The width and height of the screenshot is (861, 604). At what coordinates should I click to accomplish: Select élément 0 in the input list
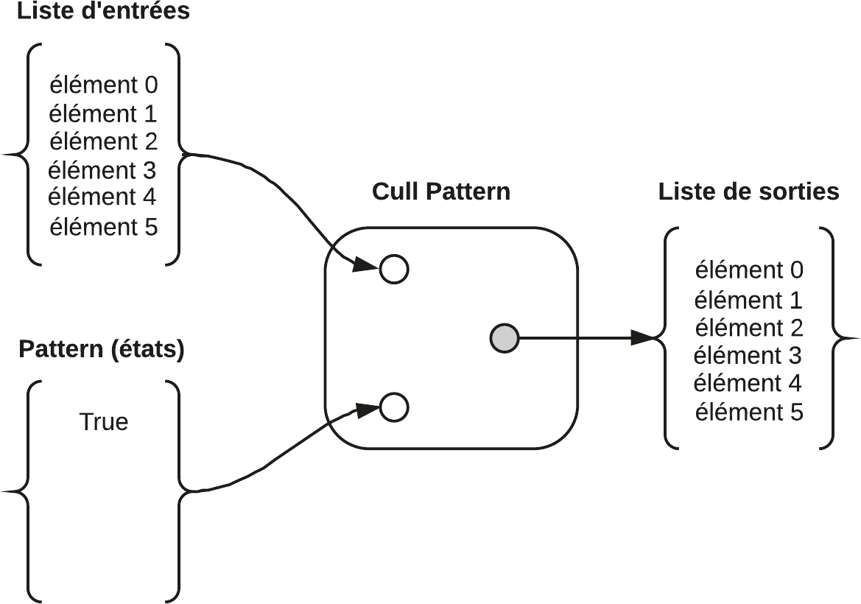click(103, 85)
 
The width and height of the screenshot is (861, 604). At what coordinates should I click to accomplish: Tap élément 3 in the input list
click(102, 171)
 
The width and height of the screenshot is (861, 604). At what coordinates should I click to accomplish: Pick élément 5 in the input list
click(103, 227)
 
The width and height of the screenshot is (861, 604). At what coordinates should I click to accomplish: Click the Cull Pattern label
click(441, 192)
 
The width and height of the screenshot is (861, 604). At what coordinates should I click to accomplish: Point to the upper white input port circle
click(394, 269)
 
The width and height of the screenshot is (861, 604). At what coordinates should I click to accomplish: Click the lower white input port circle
click(394, 407)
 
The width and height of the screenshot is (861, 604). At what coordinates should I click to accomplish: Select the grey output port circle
click(505, 338)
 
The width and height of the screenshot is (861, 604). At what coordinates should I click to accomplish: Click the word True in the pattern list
click(103, 422)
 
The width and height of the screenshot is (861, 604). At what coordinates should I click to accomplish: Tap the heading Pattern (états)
click(102, 349)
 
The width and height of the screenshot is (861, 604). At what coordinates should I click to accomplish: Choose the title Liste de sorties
click(748, 192)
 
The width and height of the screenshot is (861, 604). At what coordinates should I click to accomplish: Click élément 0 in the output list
click(748, 270)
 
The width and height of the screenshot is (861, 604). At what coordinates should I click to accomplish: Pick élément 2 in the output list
click(748, 328)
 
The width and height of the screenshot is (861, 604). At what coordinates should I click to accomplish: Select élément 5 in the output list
click(748, 412)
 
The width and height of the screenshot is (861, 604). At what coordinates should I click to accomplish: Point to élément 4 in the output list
click(748, 384)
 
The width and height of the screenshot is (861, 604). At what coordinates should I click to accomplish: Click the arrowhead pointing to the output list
click(644, 338)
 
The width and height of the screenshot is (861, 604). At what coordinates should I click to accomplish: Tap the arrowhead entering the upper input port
click(365, 264)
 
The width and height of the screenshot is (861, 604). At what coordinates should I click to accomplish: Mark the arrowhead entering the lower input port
click(367, 410)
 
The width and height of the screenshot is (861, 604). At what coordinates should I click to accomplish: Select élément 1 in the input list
click(102, 114)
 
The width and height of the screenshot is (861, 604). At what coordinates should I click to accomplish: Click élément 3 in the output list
click(748, 356)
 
